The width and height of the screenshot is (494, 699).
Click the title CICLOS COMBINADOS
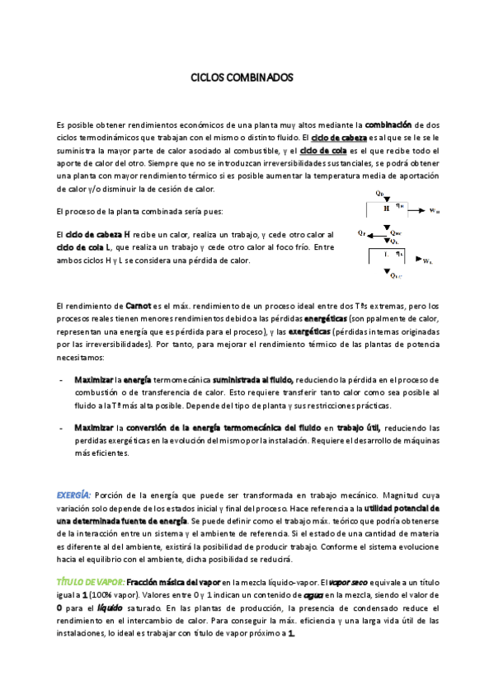tap(242, 78)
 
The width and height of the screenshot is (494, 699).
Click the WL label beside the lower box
tap(426, 260)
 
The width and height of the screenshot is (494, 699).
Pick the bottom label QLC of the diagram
tap(394, 276)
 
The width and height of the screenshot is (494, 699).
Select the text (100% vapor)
tap(120, 594)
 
